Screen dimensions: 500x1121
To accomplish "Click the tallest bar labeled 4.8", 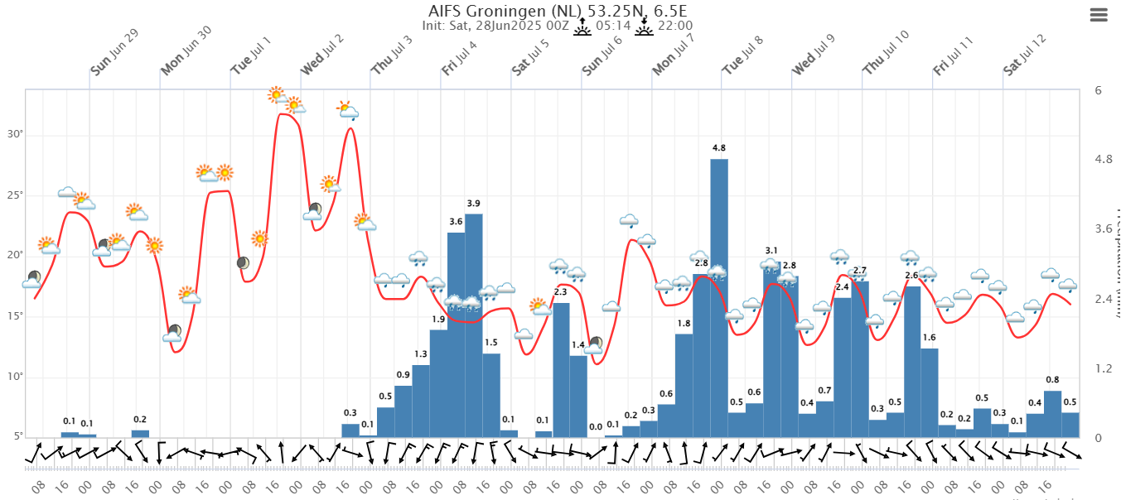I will (719, 298).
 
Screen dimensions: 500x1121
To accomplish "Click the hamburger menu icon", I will (1099, 15).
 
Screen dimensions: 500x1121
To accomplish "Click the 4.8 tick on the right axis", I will (1102, 159).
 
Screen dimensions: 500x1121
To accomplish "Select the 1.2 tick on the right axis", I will (1102, 368).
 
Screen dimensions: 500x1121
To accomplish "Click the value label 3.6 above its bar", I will (456, 222).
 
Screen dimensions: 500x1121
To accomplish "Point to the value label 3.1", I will (771, 251).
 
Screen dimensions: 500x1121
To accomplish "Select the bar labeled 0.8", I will (1052, 414).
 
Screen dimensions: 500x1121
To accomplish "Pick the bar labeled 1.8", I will (684, 385).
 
